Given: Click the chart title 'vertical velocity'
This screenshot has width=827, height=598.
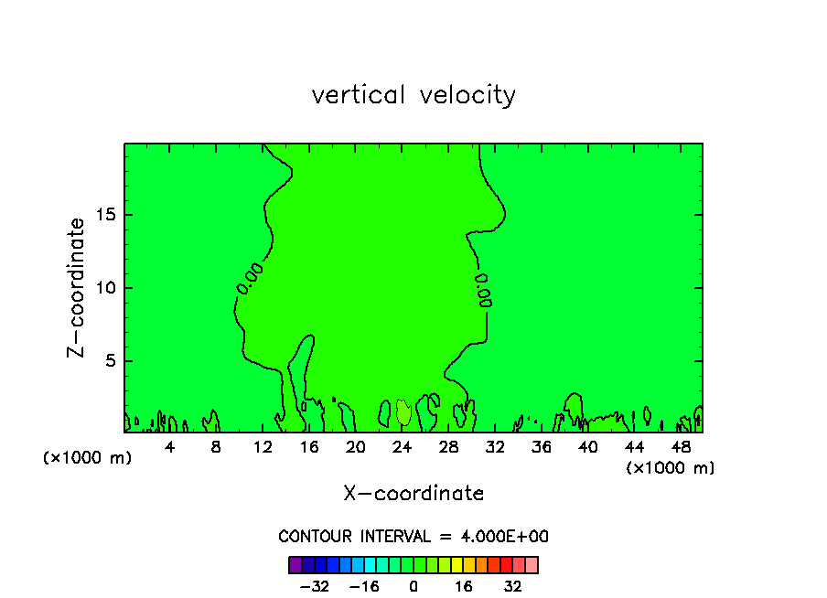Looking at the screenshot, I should click(x=413, y=95).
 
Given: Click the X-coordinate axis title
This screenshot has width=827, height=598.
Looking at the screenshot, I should click(x=413, y=494).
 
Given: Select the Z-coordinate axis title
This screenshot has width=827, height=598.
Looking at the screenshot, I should click(x=77, y=287).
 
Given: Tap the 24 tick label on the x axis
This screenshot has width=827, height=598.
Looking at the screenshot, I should click(x=402, y=447).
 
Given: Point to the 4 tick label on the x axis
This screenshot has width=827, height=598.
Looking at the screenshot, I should click(x=169, y=447).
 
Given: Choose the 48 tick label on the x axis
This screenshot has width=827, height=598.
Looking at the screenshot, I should click(x=680, y=447).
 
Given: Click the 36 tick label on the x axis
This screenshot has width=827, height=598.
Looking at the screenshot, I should click(x=541, y=447).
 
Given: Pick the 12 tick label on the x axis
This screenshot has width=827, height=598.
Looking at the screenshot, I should click(x=263, y=447).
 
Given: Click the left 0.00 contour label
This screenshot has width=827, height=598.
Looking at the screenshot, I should click(x=250, y=278).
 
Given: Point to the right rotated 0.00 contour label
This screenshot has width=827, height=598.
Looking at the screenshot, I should click(x=483, y=290).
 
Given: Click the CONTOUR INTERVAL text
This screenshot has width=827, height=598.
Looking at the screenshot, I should click(x=413, y=537).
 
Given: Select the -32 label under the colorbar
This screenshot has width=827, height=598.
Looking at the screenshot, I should click(x=315, y=586).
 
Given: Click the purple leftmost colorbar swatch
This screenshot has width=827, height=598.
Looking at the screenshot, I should click(x=295, y=564).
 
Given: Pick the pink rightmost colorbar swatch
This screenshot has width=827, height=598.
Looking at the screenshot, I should click(x=532, y=564).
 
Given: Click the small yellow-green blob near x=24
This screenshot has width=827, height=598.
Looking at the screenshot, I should click(x=403, y=412).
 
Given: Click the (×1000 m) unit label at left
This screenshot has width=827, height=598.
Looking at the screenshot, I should click(x=88, y=458).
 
